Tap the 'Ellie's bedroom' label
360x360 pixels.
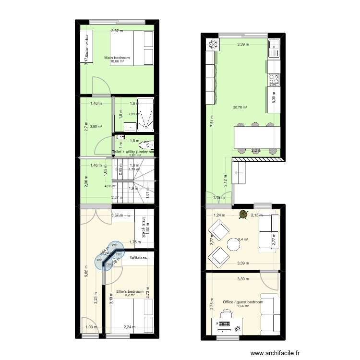(130, 291)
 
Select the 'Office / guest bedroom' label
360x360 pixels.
(243, 302)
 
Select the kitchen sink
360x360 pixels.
(274, 47)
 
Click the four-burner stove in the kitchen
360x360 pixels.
(274, 79)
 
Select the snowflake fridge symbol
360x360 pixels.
(212, 45)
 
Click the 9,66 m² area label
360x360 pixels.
(243, 306)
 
